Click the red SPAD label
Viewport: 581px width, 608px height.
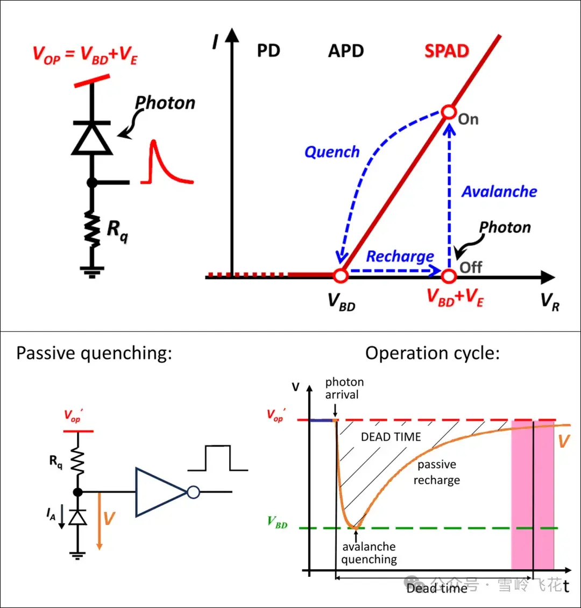[x=447, y=51]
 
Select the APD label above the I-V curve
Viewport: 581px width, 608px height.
[x=346, y=51]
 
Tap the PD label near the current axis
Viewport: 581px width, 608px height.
[x=268, y=51]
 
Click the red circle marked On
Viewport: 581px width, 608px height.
[x=449, y=112]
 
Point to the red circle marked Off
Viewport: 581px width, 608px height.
[x=449, y=275]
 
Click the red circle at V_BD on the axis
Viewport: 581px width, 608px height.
[x=341, y=275]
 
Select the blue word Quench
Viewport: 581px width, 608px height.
[x=332, y=152]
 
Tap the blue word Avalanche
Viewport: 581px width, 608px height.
[x=499, y=192]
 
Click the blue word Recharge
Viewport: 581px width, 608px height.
[x=400, y=257]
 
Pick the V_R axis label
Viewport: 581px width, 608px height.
[x=550, y=302]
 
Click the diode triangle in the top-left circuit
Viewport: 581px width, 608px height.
[x=92, y=138]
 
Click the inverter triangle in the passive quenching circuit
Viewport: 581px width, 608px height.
[x=161, y=492]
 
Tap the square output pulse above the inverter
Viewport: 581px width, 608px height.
[x=218, y=458]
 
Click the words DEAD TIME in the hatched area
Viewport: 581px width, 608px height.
[x=391, y=437]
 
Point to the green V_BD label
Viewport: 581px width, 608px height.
[x=277, y=522]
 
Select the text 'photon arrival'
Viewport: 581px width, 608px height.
[x=344, y=388]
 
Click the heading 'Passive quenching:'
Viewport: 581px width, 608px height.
[x=94, y=354]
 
